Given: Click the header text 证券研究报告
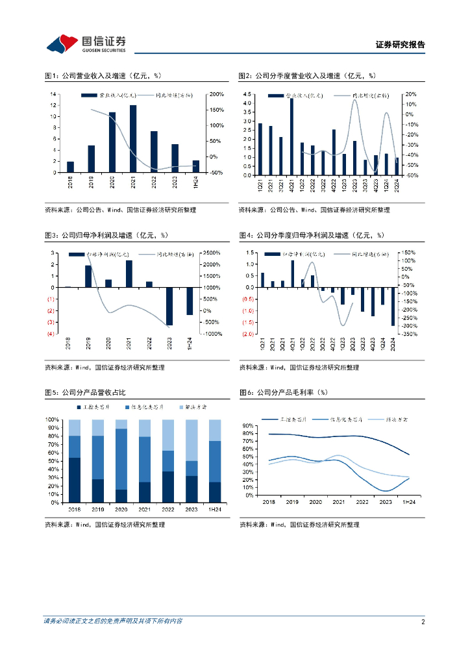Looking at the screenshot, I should [x=401, y=45].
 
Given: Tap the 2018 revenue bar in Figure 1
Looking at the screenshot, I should [x=70, y=167].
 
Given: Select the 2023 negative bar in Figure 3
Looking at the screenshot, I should [x=169, y=306].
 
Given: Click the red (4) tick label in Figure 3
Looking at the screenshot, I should [x=49, y=334].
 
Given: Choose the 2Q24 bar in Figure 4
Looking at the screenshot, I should [x=393, y=306].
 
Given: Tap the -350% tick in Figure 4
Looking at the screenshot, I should [x=409, y=334].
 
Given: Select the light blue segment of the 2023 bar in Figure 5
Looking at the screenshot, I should [x=192, y=440].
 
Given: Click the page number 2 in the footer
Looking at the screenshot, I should [x=423, y=621].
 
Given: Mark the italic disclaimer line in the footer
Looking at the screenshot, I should [x=113, y=621].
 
